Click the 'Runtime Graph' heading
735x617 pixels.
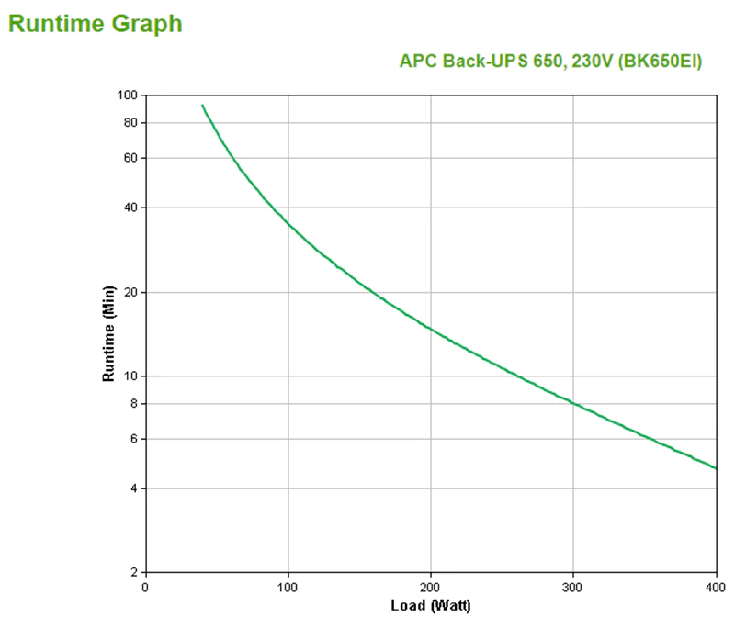pyautogui.click(x=95, y=24)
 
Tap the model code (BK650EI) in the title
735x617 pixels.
pyautogui.click(x=659, y=62)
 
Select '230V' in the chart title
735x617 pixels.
pyautogui.click(x=586, y=62)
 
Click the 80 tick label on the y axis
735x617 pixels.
pyautogui.click(x=130, y=123)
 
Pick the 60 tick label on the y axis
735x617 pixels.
pyautogui.click(x=130, y=158)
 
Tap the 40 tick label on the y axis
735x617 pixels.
pyautogui.click(x=130, y=208)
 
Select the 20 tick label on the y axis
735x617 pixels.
pyautogui.click(x=130, y=292)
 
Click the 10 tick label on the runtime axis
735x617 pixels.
pyautogui.click(x=130, y=376)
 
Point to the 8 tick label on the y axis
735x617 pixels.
pyautogui.click(x=132, y=404)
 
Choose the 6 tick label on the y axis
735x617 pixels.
pyautogui.click(x=132, y=439)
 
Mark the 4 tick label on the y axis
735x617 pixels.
pyautogui.click(x=132, y=488)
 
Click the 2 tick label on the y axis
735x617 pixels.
pyautogui.click(x=132, y=573)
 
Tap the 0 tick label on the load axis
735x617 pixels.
pyautogui.click(x=145, y=587)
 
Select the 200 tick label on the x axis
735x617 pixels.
pyautogui.click(x=430, y=587)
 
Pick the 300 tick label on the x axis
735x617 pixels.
pyautogui.click(x=572, y=587)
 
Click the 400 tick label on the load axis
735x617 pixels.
pyautogui.click(x=715, y=587)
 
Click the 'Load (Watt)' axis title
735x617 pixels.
pyautogui.click(x=430, y=605)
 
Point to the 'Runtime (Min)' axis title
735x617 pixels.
pyautogui.click(x=107, y=333)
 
